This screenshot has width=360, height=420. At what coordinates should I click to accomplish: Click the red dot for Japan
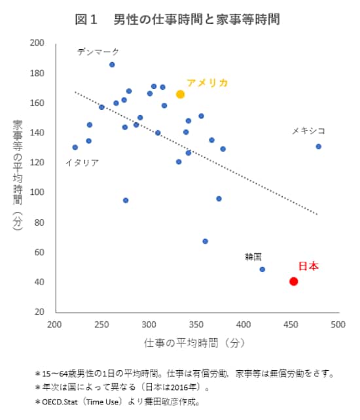tap(294, 281)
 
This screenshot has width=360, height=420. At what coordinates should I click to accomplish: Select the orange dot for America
tap(181, 94)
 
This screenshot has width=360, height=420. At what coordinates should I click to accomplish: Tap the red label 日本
tap(308, 266)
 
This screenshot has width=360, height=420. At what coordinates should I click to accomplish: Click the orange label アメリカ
tap(207, 83)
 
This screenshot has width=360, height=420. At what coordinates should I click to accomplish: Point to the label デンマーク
tap(98, 51)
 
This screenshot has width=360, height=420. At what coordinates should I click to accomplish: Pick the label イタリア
tap(82, 162)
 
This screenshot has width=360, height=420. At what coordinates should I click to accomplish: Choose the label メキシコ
tap(308, 131)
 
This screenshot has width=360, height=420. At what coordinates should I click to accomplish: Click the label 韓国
tap(253, 256)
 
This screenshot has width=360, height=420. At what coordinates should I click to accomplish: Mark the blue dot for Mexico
tap(319, 147)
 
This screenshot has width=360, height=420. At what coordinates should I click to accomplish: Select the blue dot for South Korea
tap(262, 269)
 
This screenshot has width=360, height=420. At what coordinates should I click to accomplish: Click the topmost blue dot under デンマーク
tap(112, 64)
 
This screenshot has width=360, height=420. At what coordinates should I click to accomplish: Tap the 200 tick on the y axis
tap(37, 43)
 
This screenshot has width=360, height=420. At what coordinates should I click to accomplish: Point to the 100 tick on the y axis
tap(37, 192)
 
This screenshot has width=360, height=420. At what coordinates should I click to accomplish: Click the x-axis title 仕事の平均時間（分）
tap(196, 342)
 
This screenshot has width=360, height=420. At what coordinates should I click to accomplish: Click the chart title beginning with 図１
tap(178, 20)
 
